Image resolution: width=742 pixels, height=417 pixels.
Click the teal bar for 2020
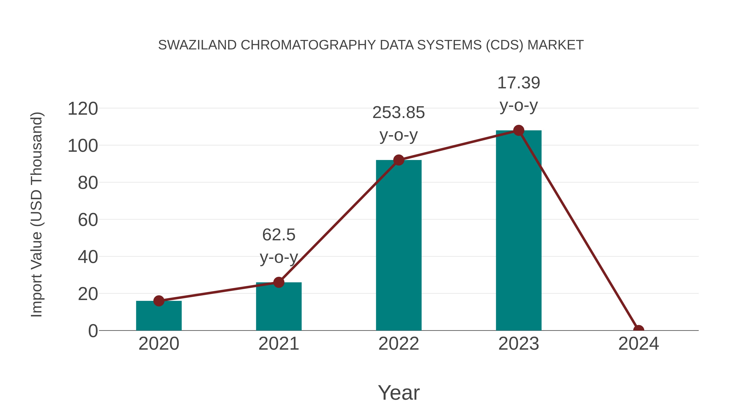pos(159,317)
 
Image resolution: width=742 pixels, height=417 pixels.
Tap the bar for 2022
pos(399,248)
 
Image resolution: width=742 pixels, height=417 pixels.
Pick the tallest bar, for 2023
pos(519,230)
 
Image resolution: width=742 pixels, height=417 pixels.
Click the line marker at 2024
pos(638,330)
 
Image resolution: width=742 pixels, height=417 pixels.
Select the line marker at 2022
pos(399,160)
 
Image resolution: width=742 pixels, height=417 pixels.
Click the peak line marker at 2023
pos(519,130)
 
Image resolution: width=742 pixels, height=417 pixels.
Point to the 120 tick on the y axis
pos(83,109)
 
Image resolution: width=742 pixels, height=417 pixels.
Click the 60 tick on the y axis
pos(88,220)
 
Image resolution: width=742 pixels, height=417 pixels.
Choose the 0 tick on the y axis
pos(93,331)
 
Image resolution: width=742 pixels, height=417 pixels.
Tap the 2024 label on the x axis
pos(638,344)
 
